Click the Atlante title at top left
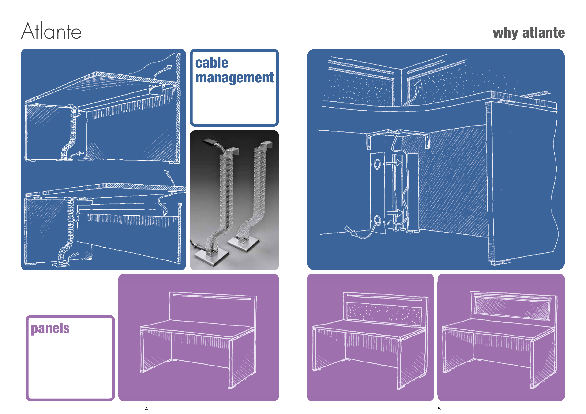pyautogui.click(x=51, y=31)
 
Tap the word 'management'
pyautogui.click(x=235, y=78)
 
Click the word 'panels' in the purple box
pyautogui.click(x=50, y=328)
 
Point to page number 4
pyautogui.click(x=146, y=409)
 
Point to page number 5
pyautogui.click(x=439, y=409)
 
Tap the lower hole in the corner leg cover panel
pyautogui.click(x=377, y=221)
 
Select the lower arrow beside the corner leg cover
pyautogui.click(x=394, y=213)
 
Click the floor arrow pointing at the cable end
pyautogui.click(x=351, y=231)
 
